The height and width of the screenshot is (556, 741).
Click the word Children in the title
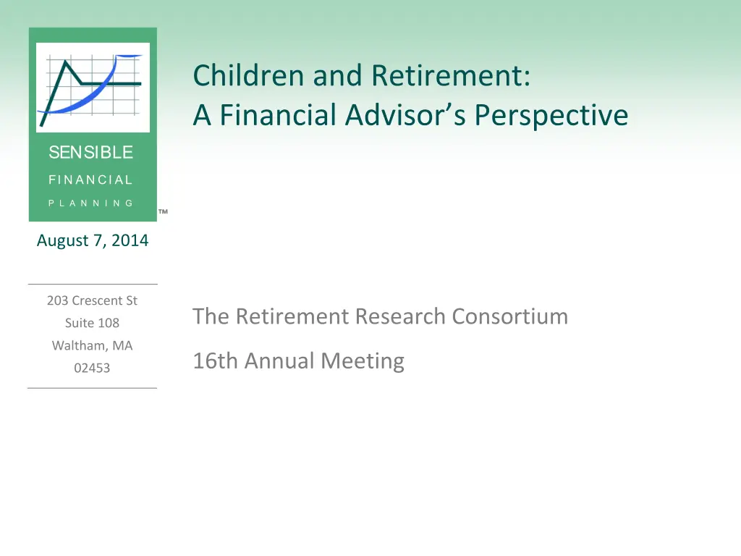[248, 75]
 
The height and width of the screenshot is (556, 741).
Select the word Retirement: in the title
[451, 75]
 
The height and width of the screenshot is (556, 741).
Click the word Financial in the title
[278, 115]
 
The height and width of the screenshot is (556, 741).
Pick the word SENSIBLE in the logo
[90, 152]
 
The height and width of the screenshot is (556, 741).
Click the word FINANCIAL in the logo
[90, 180]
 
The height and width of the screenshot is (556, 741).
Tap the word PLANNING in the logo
[90, 203]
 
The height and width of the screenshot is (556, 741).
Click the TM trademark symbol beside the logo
[163, 211]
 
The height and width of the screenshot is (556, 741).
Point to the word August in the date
[63, 240]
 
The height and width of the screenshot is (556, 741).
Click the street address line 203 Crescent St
[92, 300]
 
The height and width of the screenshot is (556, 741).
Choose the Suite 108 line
[92, 323]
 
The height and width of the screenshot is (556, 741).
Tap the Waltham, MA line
[92, 345]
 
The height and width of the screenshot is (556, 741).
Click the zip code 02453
[92, 368]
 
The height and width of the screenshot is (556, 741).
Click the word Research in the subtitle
[400, 316]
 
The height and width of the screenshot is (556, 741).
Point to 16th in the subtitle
[215, 361]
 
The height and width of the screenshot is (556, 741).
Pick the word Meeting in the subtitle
[363, 361]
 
